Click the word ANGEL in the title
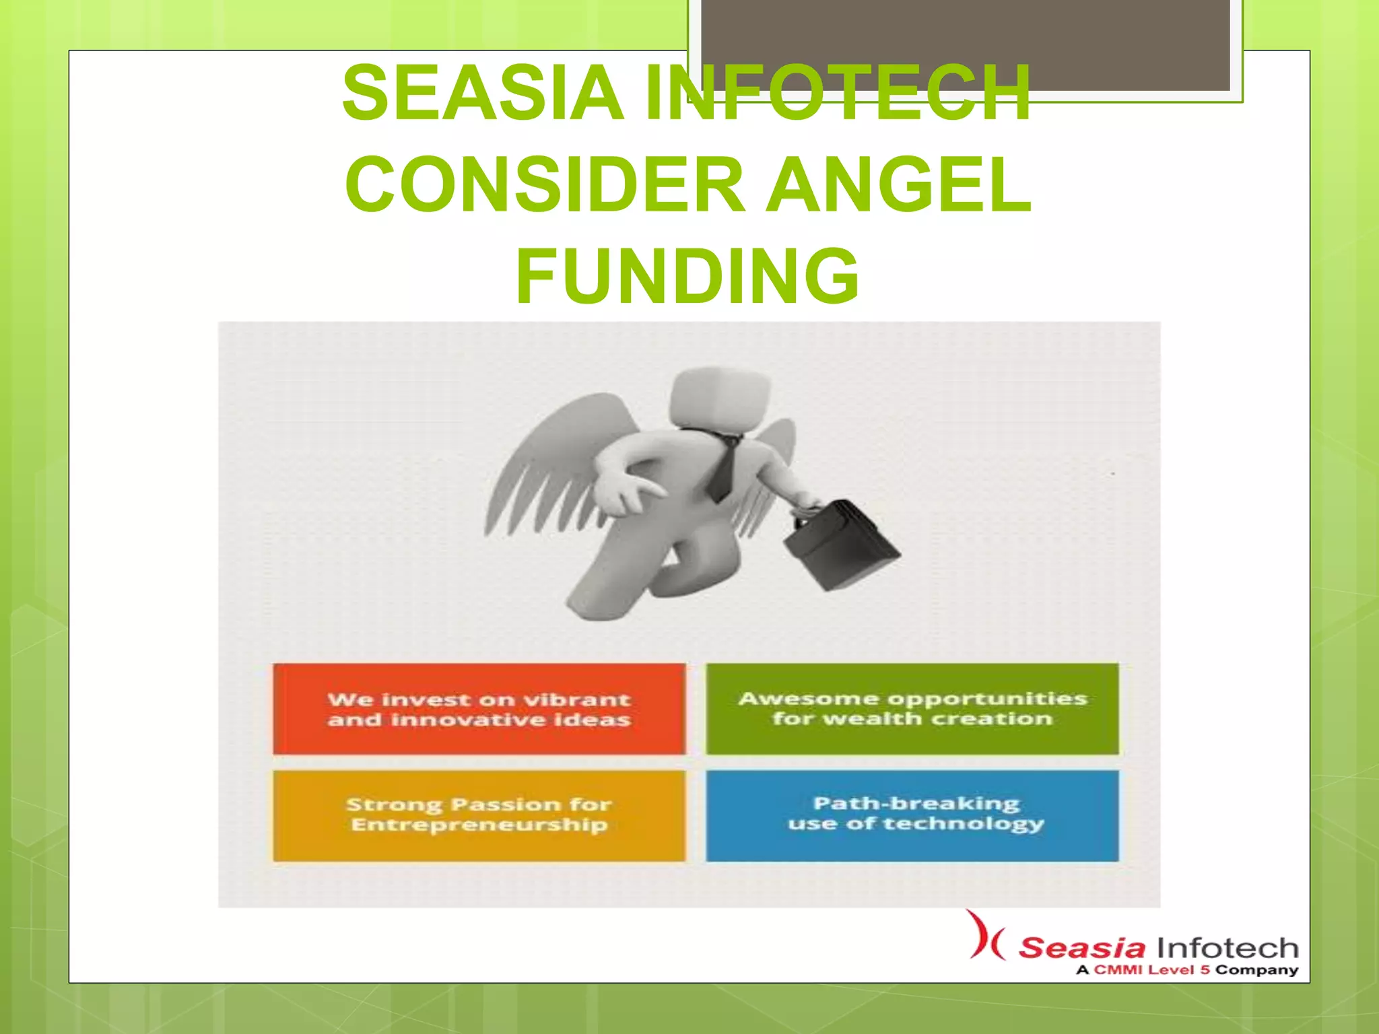899,184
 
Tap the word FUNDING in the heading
687,276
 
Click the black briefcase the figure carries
842,545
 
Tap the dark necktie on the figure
723,468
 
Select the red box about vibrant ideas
479,709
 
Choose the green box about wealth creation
912,709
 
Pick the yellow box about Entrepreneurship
479,815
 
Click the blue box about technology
912,815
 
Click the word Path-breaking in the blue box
916,803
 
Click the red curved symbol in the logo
984,936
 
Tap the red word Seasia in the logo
1081,948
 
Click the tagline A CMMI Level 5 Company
1186,970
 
